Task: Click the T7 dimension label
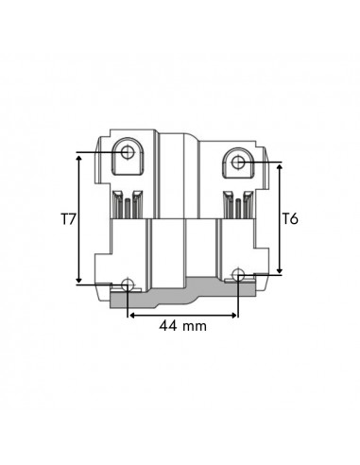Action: click(67, 220)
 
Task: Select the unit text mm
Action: click(197, 325)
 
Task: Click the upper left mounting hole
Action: click(128, 152)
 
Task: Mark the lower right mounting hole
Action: click(239, 275)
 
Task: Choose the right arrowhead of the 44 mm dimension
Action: click(234, 312)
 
